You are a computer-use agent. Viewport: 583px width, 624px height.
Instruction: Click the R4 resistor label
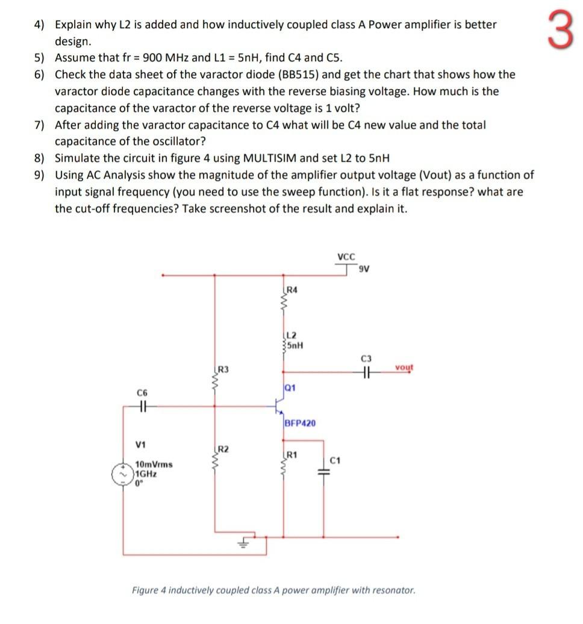(291, 290)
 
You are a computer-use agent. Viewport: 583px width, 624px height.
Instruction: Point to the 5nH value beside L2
(296, 345)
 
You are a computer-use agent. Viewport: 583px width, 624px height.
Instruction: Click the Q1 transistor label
(289, 388)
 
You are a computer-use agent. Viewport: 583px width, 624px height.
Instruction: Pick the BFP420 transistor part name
(300, 424)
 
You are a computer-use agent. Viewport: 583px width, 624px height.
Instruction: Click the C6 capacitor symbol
(142, 407)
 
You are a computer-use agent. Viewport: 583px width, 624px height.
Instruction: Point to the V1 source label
(141, 445)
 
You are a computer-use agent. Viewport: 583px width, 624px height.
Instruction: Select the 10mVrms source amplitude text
(154, 464)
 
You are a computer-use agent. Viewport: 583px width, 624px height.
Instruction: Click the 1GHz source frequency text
(147, 473)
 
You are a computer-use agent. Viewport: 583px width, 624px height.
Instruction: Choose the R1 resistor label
(291, 454)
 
